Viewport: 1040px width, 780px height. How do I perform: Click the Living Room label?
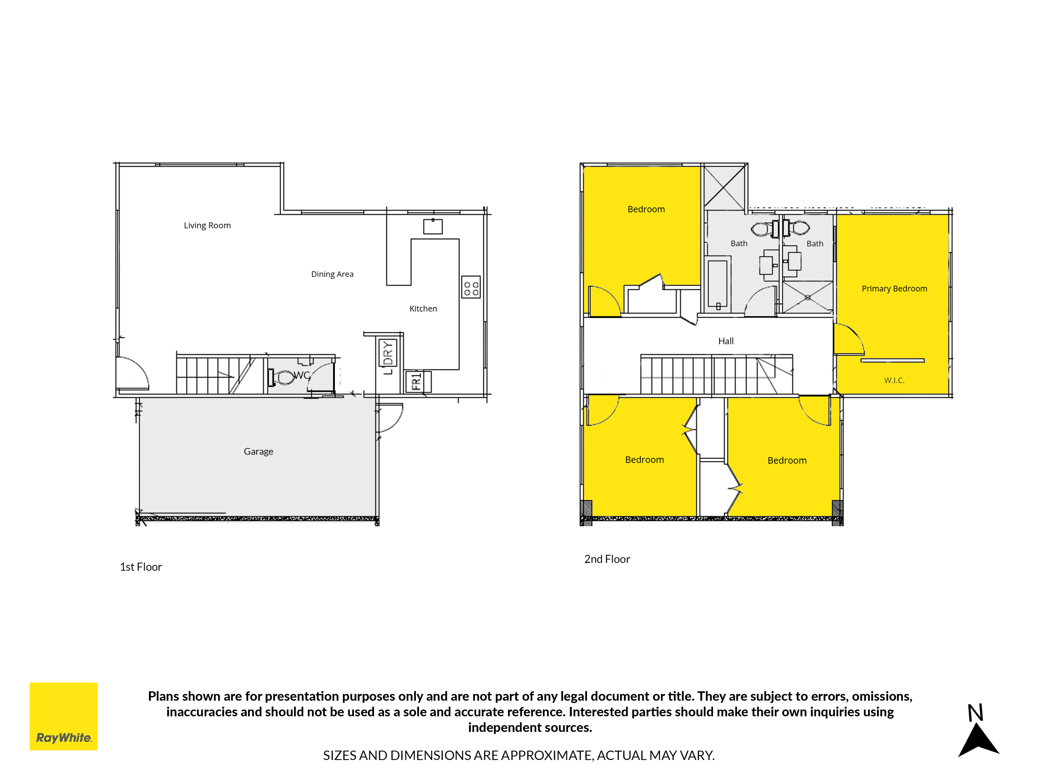pyautogui.click(x=207, y=226)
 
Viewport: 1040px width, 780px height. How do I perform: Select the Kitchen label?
pyautogui.click(x=423, y=308)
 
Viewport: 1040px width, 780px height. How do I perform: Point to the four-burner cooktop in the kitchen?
pyautogui.click(x=471, y=287)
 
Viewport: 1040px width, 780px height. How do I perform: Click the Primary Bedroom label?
pyautogui.click(x=894, y=289)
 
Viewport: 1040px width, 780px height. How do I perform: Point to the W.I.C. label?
pyautogui.click(x=894, y=380)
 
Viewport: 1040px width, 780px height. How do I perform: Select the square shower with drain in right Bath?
pyautogui.click(x=807, y=297)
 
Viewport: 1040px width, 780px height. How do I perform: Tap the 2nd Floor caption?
pyautogui.click(x=607, y=559)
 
